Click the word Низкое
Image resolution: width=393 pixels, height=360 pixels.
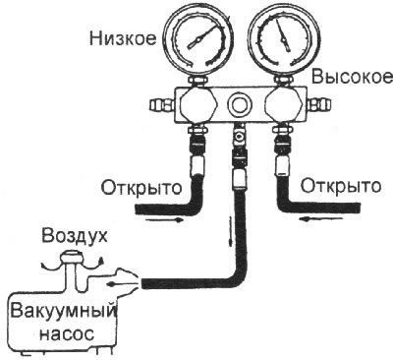(x=121, y=40)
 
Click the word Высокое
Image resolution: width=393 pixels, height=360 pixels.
(x=344, y=78)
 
